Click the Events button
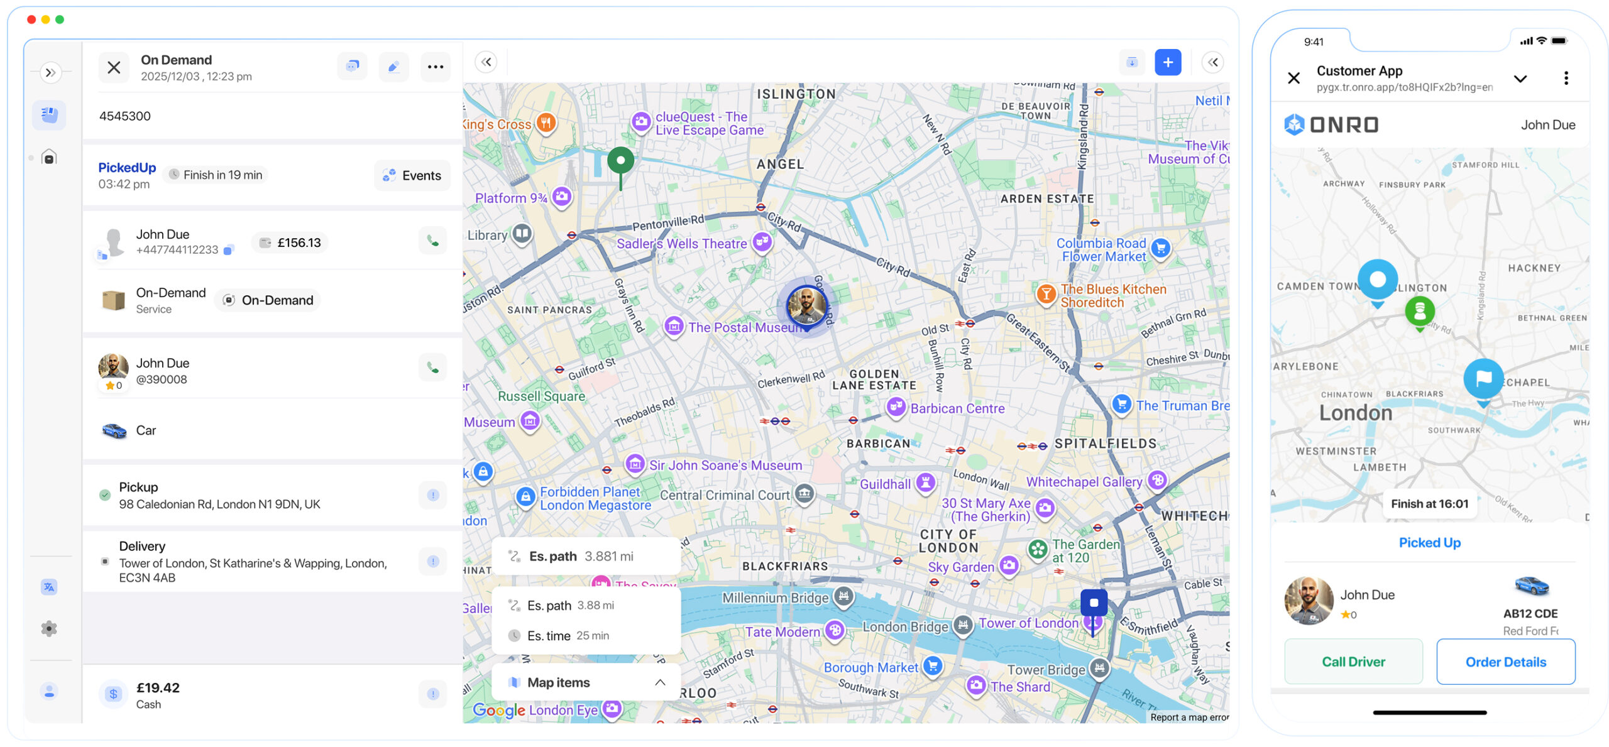412,175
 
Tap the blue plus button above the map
1167,62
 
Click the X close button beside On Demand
114,67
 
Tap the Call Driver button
1353,662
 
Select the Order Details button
1505,662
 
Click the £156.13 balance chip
290,243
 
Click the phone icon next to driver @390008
432,367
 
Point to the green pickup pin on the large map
620,161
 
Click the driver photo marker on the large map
806,306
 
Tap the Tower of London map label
1028,623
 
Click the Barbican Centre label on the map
957,408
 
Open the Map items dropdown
586,682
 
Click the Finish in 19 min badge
216,175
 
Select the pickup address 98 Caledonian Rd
219,504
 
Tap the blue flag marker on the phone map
1483,378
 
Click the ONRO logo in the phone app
1331,124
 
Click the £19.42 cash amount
158,688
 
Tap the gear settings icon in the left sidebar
49,628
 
